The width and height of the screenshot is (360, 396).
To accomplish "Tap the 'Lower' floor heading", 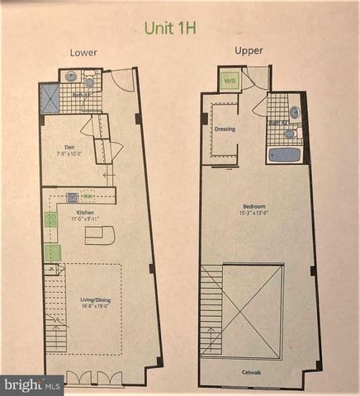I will tap(83, 52).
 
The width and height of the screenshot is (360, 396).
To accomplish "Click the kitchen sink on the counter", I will tap(73, 196).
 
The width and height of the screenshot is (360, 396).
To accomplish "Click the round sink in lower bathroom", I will tap(72, 77).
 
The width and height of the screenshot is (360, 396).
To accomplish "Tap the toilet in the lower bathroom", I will tap(89, 82).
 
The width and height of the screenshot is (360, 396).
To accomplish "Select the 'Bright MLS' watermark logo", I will tap(31, 384).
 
